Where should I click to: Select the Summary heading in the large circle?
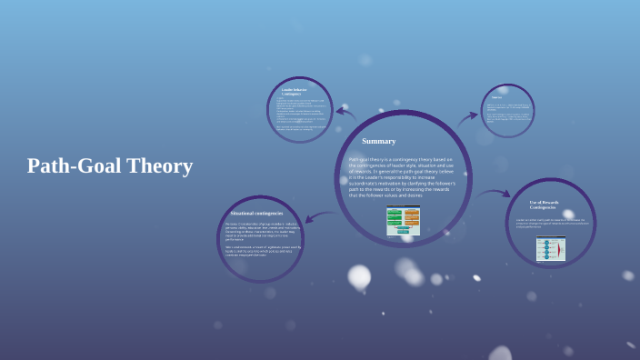click(378, 141)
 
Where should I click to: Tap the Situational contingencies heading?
click(256, 213)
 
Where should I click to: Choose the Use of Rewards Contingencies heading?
click(544, 205)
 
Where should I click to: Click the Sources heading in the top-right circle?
click(496, 97)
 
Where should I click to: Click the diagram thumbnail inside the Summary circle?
click(403, 220)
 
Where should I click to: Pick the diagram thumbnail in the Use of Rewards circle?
click(550, 248)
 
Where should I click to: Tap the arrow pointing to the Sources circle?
click(467, 117)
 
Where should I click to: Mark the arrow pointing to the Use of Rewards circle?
click(495, 193)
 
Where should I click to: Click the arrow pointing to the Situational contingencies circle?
click(322, 216)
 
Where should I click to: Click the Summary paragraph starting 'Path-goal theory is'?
click(402, 176)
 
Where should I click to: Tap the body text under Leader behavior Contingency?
click(300, 113)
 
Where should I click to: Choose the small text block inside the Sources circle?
click(506, 115)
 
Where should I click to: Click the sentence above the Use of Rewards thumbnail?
click(552, 223)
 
